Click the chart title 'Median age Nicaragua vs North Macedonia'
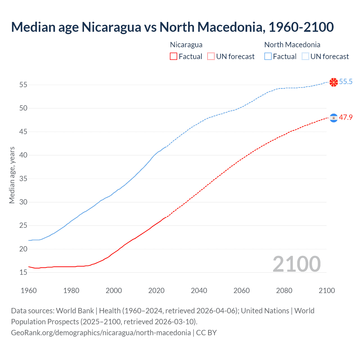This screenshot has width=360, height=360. click(172, 27)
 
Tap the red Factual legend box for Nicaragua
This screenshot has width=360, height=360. click(173, 57)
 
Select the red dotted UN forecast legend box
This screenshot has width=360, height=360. click(211, 57)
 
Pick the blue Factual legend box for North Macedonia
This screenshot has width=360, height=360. click(268, 57)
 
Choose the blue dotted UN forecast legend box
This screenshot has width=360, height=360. click(305, 57)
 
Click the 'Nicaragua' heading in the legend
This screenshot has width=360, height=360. click(186, 45)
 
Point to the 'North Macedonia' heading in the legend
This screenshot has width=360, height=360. click(292, 45)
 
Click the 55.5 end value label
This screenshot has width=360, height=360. click(346, 82)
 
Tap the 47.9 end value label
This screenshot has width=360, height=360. click(346, 118)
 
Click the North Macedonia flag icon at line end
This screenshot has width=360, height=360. click(334, 82)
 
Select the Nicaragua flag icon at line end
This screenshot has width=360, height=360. click(334, 118)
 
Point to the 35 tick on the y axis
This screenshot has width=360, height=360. click(23, 179)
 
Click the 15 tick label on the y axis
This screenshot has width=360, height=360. click(23, 272)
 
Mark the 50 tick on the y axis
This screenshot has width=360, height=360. click(23, 108)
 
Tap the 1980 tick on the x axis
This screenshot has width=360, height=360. click(71, 291)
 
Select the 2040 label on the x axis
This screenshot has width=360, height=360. click(199, 291)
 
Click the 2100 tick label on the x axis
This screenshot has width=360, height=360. click(327, 291)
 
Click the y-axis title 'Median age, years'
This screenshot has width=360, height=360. click(12, 175)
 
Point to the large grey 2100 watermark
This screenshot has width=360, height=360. click(296, 264)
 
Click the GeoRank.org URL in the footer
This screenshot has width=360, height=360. click(101, 333)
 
